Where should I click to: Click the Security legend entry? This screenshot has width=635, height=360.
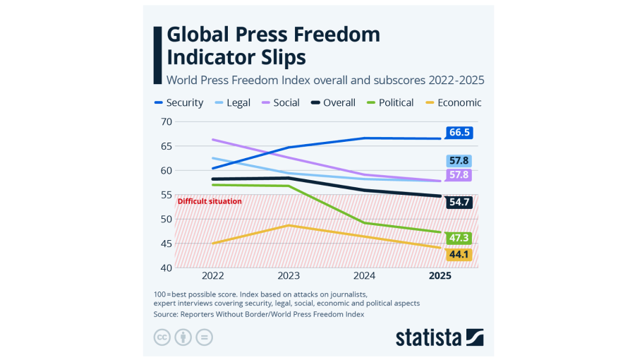[x=179, y=102]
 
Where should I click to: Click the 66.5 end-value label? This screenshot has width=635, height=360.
[x=459, y=133]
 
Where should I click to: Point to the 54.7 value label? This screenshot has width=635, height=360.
[x=459, y=202]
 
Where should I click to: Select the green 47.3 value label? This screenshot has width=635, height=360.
[x=459, y=238]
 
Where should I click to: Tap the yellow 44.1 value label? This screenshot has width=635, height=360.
[x=459, y=254]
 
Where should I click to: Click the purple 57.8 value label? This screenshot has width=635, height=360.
[x=459, y=175]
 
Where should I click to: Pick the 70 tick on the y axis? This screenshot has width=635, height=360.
[x=167, y=121]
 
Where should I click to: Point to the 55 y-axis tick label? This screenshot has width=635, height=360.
[x=167, y=195]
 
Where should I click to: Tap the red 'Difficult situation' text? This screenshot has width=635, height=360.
[x=210, y=201]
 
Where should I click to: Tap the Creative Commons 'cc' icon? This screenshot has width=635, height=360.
[x=163, y=337]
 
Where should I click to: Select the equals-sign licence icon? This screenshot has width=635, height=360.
[x=204, y=337]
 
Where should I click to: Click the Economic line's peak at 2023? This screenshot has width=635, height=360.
[x=288, y=225]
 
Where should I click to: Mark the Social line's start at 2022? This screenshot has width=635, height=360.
[x=212, y=140]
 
